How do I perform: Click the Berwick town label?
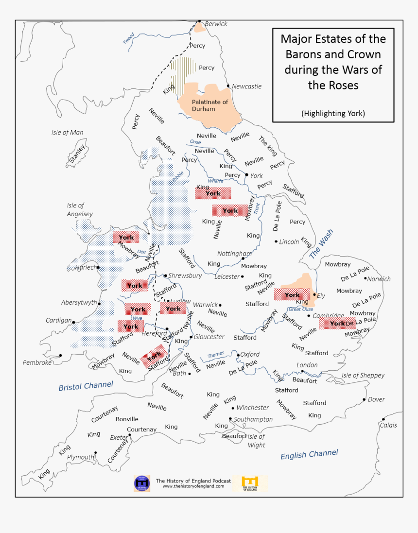(x=216, y=24)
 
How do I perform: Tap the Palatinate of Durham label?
(x=209, y=105)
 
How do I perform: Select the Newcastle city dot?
(x=228, y=86)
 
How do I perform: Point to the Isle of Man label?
(x=67, y=132)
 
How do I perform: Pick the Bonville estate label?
(x=127, y=419)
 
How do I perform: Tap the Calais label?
(x=388, y=425)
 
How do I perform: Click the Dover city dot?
(x=364, y=399)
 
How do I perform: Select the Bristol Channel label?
(x=86, y=386)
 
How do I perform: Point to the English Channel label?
(x=309, y=454)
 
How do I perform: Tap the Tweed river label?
(x=128, y=39)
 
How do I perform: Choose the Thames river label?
(x=216, y=355)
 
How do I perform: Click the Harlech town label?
(x=85, y=267)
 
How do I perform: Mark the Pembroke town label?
(x=37, y=362)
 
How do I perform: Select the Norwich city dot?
(x=365, y=278)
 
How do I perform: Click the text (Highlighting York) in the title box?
(x=333, y=113)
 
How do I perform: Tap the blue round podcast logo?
(x=142, y=483)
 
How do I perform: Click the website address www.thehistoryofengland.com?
(x=193, y=486)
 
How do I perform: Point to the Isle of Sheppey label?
(x=363, y=375)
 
